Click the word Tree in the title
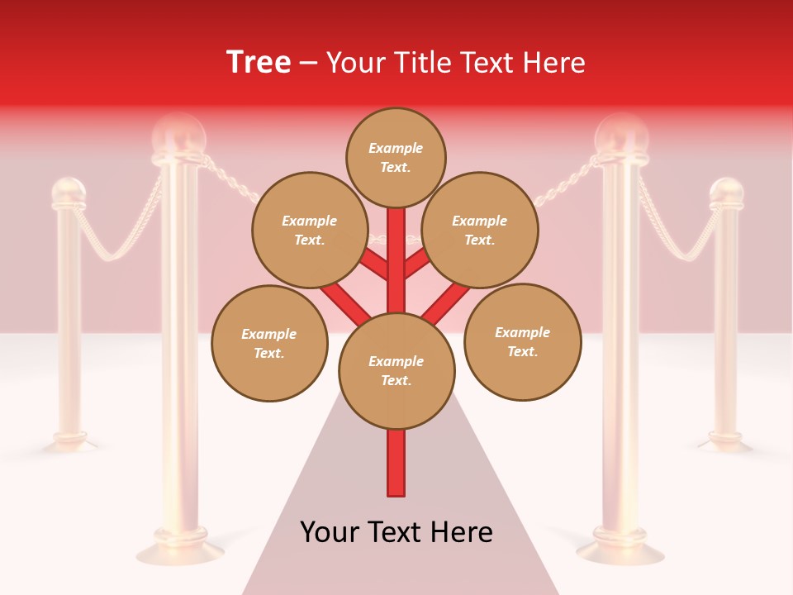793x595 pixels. [259, 63]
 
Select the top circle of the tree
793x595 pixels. [396, 157]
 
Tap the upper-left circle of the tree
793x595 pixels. [310, 230]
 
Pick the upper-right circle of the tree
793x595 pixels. [480, 230]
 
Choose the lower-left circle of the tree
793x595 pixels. [269, 343]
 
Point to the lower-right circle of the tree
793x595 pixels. [522, 341]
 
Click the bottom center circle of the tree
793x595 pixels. [396, 371]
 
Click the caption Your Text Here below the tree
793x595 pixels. [396, 532]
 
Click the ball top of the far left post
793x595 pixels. [69, 193]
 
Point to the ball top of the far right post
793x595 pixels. [727, 193]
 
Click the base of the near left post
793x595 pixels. [180, 550]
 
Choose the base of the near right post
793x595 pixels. [620, 550]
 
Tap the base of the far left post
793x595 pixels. [69, 442]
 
